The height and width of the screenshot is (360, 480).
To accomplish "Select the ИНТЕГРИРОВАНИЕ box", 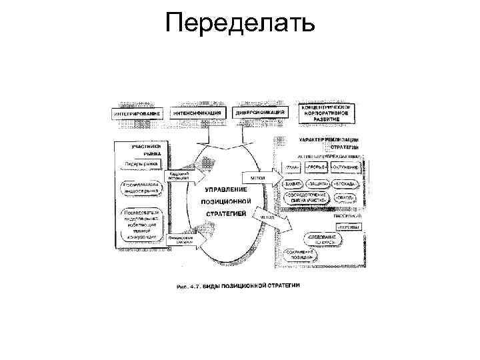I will (137, 115).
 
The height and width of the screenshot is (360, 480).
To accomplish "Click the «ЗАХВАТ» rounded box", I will (294, 183).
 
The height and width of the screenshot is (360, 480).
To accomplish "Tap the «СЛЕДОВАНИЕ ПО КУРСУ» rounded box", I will (325, 239).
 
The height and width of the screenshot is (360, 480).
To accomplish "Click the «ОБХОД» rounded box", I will (345, 197).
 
